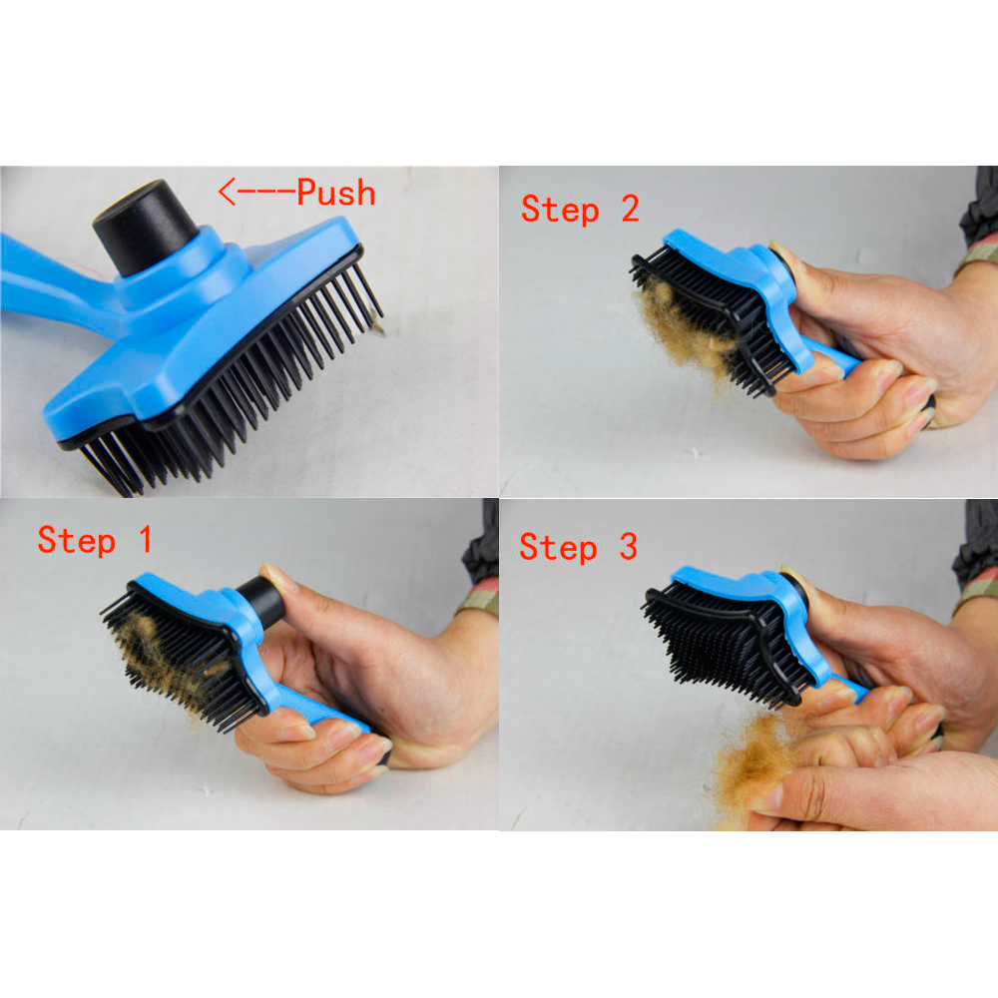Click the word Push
coord(336,192)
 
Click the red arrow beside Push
coord(255,192)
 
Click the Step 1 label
coord(95,540)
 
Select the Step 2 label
coord(580,209)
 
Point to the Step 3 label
coord(578,547)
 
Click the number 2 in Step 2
coord(629,209)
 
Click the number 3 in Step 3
coord(627,547)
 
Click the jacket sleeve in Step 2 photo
coord(978,220)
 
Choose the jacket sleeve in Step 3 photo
coord(976,559)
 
